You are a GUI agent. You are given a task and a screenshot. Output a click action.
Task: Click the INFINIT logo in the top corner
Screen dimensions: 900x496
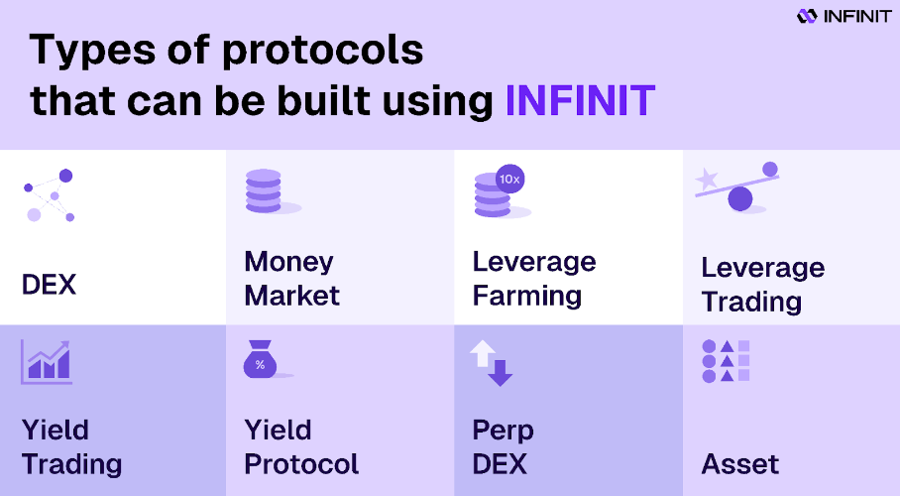point(844,16)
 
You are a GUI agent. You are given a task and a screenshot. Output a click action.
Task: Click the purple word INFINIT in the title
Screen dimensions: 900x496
point(580,101)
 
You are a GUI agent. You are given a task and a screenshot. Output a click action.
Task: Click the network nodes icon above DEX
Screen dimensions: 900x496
point(50,194)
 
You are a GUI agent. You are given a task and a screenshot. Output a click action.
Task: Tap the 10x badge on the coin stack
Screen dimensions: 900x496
point(509,179)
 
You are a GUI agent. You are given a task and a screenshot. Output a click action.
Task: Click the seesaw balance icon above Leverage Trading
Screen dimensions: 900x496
point(737,186)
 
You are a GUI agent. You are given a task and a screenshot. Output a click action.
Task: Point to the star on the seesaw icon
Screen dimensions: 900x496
point(707,180)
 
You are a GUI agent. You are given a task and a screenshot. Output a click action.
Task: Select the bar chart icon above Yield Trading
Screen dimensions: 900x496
point(47,361)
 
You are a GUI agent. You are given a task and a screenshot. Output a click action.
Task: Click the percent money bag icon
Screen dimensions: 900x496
point(261,359)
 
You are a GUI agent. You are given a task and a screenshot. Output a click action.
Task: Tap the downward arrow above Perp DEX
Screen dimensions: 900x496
point(501,372)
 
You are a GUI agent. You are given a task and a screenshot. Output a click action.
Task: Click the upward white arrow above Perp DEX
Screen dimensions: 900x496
point(482,353)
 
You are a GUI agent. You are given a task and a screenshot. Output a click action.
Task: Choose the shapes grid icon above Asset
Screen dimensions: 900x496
point(727,361)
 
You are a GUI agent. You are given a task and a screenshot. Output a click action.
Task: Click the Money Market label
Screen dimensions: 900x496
point(291,278)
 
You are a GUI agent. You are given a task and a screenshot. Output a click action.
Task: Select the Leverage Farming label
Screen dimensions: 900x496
point(534,279)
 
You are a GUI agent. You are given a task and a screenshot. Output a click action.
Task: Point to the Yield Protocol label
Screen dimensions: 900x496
point(301,447)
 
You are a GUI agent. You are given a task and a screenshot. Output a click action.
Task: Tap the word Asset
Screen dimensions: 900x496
point(739,464)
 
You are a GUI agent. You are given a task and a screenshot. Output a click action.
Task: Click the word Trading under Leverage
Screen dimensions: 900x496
point(751,303)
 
